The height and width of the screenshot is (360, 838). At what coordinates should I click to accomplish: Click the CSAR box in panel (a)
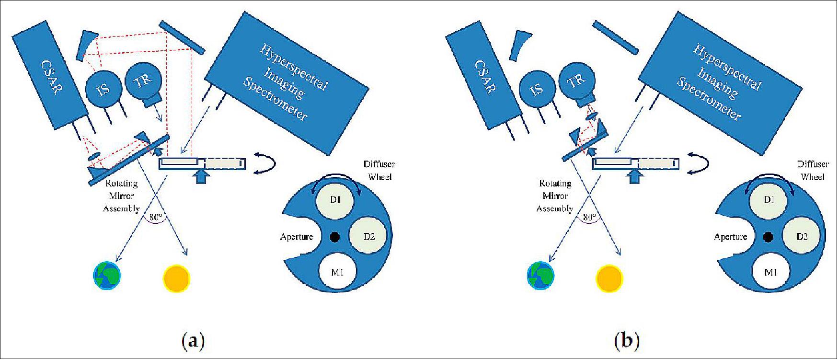[x=50, y=82]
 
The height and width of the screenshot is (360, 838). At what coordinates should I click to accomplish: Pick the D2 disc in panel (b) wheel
[x=802, y=236]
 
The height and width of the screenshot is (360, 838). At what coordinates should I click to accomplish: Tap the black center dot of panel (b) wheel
[x=768, y=236]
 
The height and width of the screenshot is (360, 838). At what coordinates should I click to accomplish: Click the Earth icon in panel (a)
[x=107, y=276]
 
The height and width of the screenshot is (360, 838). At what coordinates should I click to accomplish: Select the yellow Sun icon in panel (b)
[x=609, y=278]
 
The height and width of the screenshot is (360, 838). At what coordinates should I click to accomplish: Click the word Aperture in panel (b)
[x=730, y=236]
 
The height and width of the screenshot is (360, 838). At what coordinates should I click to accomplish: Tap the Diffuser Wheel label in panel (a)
[x=380, y=171]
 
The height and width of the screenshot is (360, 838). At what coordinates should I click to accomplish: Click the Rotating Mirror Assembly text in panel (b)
[x=555, y=196]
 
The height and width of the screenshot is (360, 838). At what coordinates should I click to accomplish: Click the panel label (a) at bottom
[x=194, y=341]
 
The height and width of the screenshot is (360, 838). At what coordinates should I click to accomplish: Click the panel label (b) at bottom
[x=627, y=341]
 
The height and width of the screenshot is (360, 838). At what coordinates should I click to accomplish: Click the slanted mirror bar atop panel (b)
[x=616, y=37]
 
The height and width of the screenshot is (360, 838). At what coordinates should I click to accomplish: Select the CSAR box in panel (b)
[x=484, y=82]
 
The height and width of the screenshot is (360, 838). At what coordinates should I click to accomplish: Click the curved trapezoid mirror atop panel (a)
[x=87, y=45]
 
